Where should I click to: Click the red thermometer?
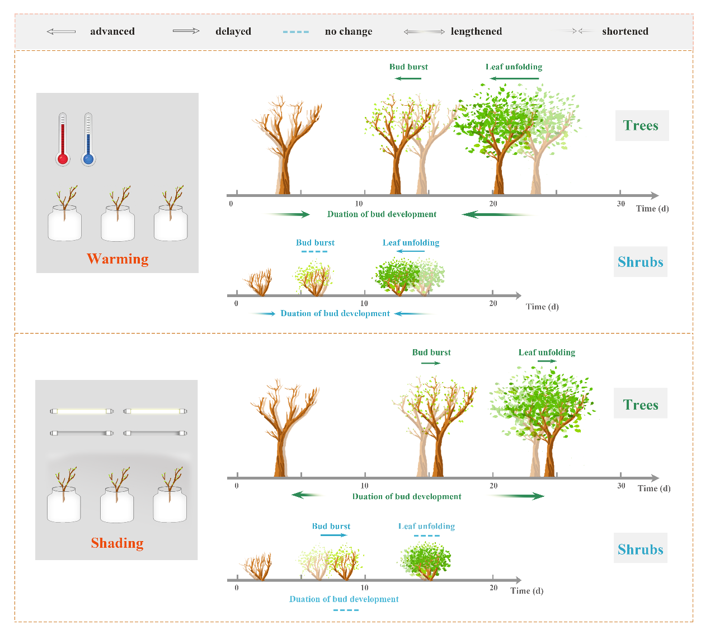tap(63, 139)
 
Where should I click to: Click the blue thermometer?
tap(88, 139)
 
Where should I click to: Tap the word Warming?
tap(117, 259)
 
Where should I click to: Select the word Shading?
tap(117, 543)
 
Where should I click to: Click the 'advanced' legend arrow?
tap(61, 31)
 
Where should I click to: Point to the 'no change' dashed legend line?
tap(296, 32)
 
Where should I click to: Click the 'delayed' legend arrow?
tap(186, 31)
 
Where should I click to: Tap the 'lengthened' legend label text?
tap(476, 31)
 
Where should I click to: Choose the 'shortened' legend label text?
tap(625, 31)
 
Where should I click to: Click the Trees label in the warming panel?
tap(641, 125)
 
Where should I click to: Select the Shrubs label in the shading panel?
tap(641, 549)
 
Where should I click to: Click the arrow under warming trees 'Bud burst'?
tap(408, 78)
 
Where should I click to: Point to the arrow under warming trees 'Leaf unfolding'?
tap(514, 78)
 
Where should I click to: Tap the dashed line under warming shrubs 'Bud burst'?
tap(314, 252)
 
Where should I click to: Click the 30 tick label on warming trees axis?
tap(620, 204)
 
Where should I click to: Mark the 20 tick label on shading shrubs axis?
tap(493, 588)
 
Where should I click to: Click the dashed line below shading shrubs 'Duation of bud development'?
tap(346, 609)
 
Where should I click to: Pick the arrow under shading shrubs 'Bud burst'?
tap(333, 535)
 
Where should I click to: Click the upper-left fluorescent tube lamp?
tap(82, 411)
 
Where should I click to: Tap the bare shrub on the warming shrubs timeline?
tap(258, 283)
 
